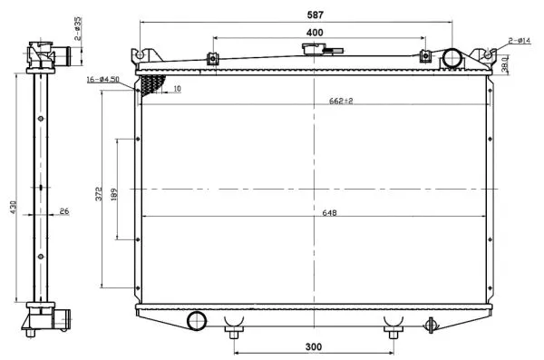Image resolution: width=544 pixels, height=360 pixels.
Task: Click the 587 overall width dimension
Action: point(315,15)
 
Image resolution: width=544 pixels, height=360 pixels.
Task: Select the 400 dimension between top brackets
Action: point(315,33)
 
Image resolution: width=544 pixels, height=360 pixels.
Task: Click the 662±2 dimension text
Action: point(341,101)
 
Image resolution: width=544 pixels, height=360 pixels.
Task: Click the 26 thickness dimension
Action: point(63,213)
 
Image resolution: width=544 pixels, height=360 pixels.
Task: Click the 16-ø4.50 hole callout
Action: point(105,80)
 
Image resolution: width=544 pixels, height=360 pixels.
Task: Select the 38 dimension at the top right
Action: point(503,64)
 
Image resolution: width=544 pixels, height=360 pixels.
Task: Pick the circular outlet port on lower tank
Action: point(196,321)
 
